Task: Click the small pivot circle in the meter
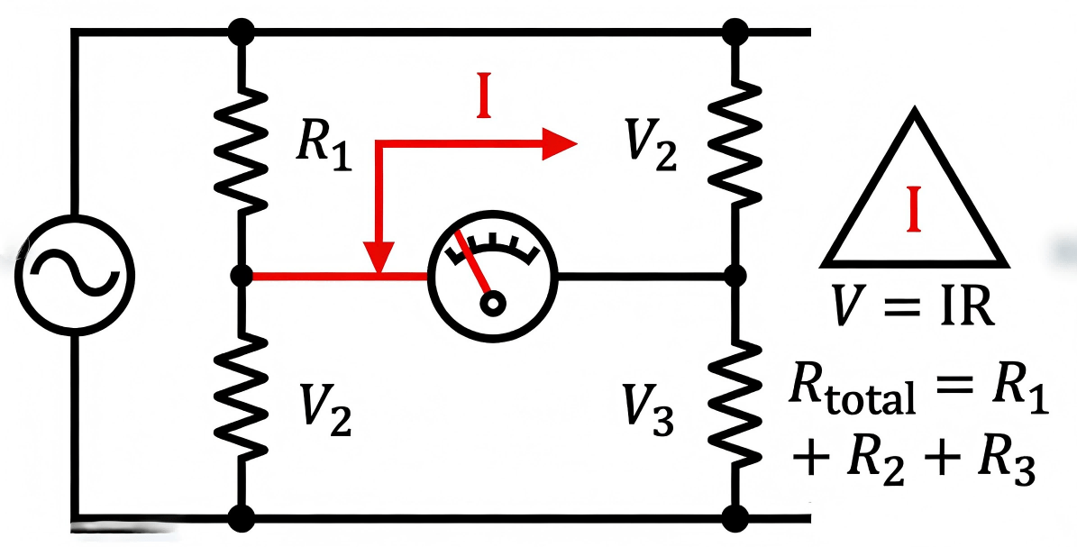click(x=492, y=303)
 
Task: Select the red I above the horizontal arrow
click(x=484, y=103)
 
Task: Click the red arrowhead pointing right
click(x=559, y=143)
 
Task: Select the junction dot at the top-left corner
click(x=242, y=32)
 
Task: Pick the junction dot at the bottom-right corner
click(x=736, y=518)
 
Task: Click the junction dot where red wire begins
click(x=242, y=274)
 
